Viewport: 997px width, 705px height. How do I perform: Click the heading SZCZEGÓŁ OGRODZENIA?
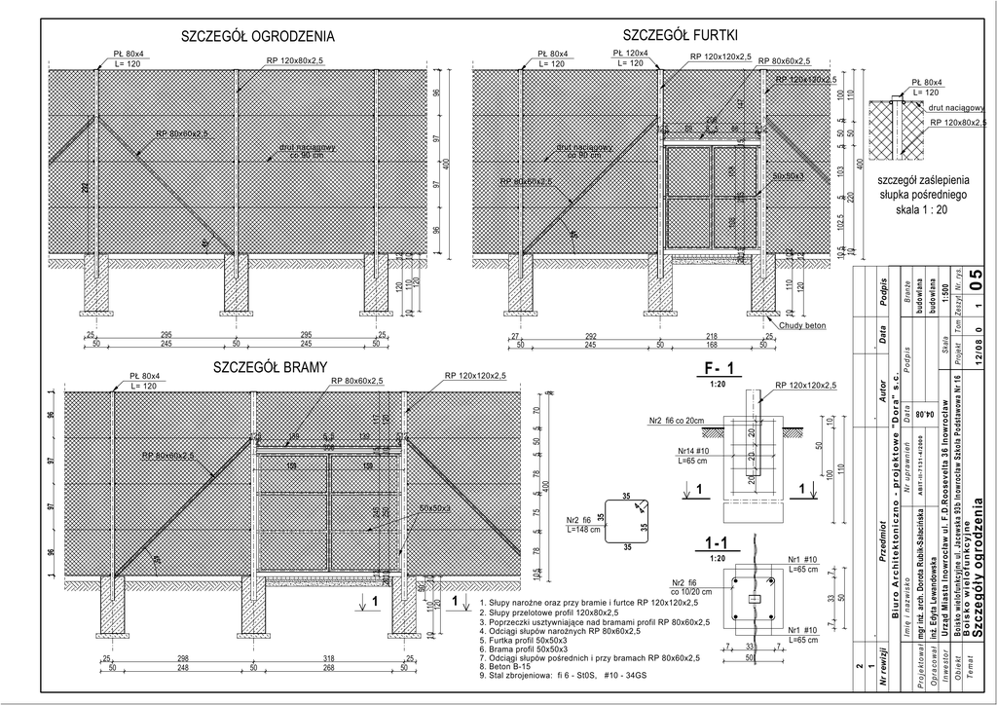point(258,37)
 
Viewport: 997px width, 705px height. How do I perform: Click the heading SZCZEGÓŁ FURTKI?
point(680,35)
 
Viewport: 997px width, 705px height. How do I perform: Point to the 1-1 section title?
point(718,542)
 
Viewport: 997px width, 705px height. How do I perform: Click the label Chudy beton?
point(802,325)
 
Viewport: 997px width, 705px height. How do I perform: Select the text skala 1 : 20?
point(921,209)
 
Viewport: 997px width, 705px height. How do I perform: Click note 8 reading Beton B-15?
point(507,666)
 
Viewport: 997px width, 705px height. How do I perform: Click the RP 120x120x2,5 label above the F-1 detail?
point(806,386)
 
